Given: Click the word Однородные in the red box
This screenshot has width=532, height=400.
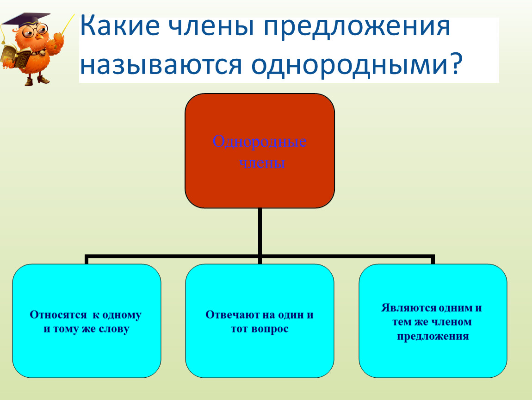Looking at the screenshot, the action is pos(260,142).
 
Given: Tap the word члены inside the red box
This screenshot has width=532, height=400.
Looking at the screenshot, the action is pos(262,163).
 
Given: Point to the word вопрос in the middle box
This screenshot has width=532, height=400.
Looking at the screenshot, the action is pos(270,329).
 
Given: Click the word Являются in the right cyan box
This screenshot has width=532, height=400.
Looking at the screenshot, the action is pos(408,308).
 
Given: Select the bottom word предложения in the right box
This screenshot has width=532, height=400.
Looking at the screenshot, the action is pos(433,337).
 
